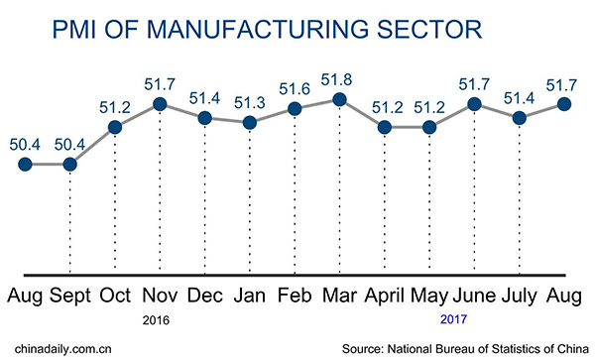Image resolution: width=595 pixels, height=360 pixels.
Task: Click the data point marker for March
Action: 339,99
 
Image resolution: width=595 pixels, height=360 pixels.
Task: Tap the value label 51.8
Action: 339,77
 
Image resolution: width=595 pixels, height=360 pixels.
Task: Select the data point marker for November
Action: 160,103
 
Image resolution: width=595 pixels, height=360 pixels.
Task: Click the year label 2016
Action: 159,320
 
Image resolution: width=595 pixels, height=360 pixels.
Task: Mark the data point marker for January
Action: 249,123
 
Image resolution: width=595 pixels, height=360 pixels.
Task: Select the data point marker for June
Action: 474,103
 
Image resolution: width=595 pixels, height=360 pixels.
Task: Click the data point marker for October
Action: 115,127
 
